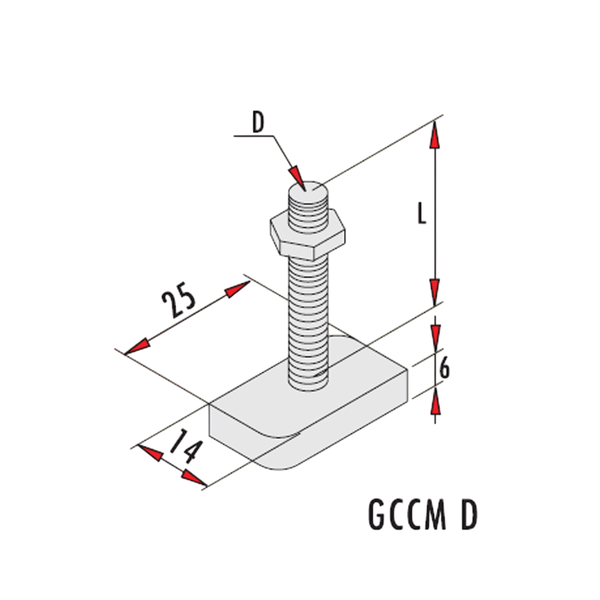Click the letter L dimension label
click(421, 213)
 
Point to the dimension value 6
click(444, 369)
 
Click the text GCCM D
click(423, 514)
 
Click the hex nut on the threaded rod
click(308, 233)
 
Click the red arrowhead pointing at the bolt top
click(296, 178)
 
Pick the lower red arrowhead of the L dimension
click(434, 292)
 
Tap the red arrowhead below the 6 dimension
click(436, 400)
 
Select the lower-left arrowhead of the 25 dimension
click(138, 346)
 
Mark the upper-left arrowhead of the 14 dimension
click(151, 453)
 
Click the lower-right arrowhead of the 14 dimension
click(194, 478)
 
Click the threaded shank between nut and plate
click(308, 322)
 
